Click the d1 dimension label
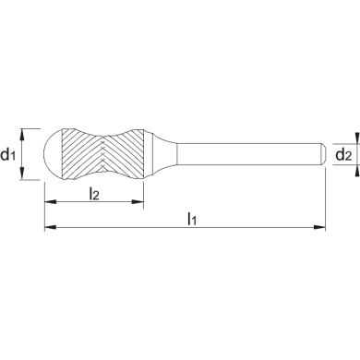(8, 154)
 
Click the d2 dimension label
(343, 154)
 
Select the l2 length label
(94, 194)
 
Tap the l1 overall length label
(192, 219)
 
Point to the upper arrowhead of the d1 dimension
(21, 134)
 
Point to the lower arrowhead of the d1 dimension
(21, 174)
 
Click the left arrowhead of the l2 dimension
(51, 202)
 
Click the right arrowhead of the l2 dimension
(138, 202)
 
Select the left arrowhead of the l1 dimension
(51, 227)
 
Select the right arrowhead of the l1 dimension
(319, 227)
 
